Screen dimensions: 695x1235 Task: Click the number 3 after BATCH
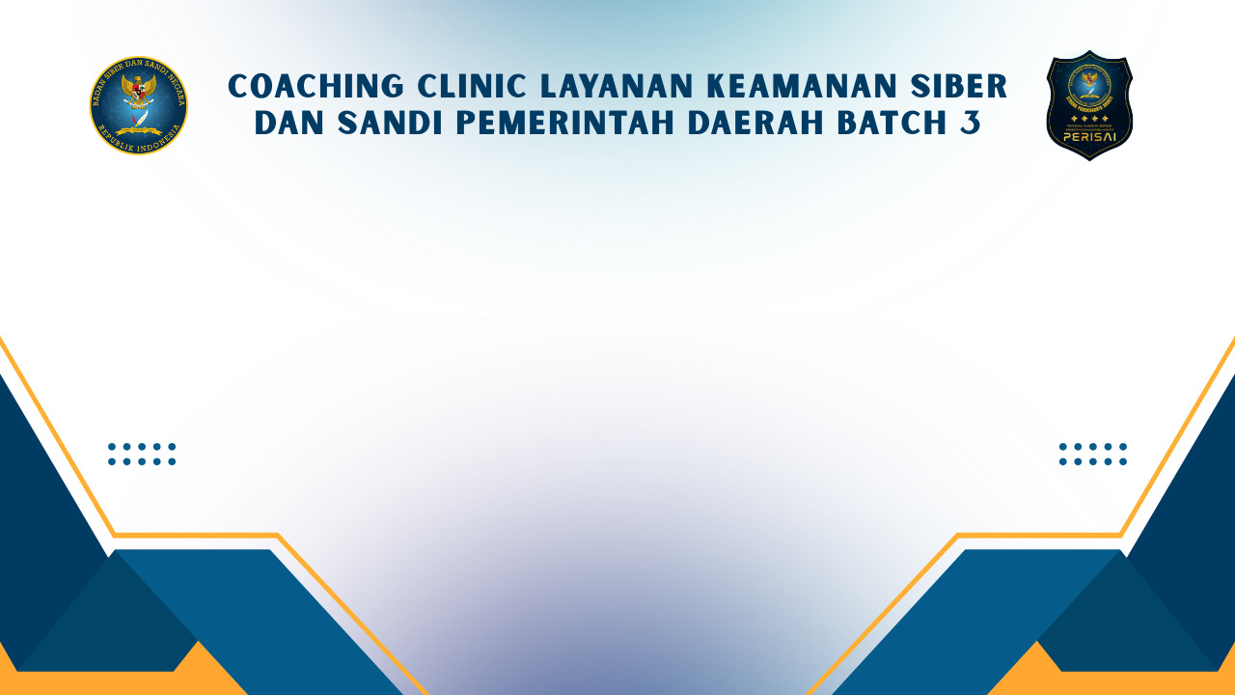tap(970, 124)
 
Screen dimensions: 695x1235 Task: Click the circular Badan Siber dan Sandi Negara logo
tap(139, 105)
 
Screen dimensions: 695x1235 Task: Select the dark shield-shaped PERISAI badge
tap(1089, 105)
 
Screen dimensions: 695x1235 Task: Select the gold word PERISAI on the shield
tap(1089, 136)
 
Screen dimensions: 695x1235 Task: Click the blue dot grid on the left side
tap(142, 454)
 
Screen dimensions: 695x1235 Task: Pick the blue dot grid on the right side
tap(1092, 454)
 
